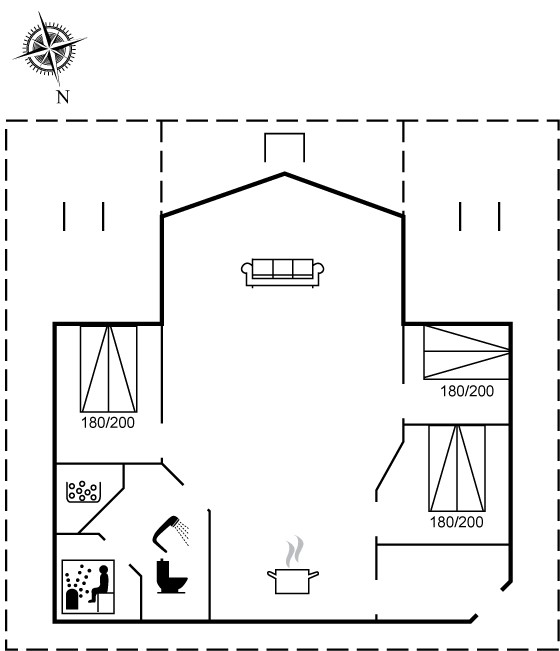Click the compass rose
[x=50, y=48]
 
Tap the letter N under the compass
[x=63, y=97]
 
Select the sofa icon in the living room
[x=283, y=273]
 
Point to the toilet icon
[x=171, y=576]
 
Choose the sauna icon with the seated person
[x=88, y=586]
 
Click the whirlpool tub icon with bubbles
[x=83, y=492]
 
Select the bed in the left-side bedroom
[x=108, y=369]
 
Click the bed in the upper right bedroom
[x=466, y=352]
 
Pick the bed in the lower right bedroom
[x=457, y=468]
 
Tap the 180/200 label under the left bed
[x=108, y=423]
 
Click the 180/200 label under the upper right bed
[x=467, y=391]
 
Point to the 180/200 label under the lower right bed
[x=457, y=522]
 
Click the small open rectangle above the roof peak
[x=285, y=134]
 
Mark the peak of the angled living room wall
[x=285, y=174]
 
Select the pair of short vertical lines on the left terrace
[x=83, y=216]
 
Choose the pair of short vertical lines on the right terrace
[x=479, y=216]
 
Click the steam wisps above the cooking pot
[x=294, y=551]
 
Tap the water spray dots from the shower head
[x=183, y=532]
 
